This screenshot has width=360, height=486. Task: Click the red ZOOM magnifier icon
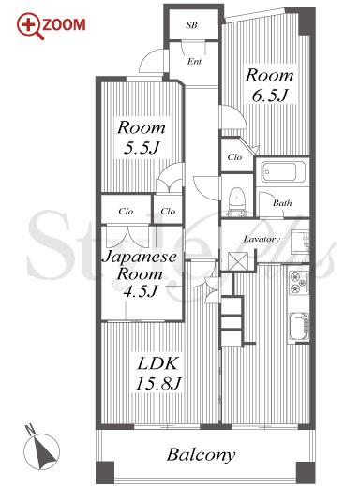[30, 25]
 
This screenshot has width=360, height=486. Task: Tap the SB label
[191, 25]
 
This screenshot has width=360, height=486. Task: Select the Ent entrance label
[194, 61]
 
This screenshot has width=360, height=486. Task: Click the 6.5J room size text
[269, 96]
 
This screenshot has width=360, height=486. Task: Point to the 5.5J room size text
[142, 148]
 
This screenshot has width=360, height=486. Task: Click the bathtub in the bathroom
[278, 171]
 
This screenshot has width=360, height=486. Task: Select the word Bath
[282, 203]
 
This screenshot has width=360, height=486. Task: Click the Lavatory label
[262, 240]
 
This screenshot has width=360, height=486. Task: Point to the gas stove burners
[299, 283]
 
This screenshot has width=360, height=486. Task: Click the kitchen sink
[299, 326]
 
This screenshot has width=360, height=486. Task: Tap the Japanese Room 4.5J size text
[140, 291]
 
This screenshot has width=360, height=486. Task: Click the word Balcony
[201, 455]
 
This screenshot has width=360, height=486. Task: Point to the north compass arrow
[45, 451]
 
